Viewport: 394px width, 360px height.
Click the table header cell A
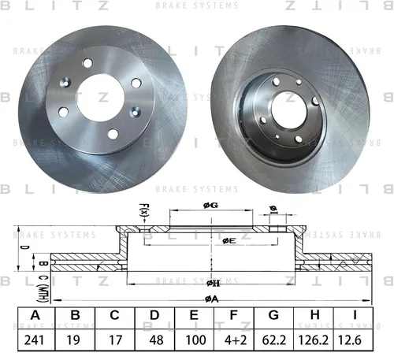pos(35,315)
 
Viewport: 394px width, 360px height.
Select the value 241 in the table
pos(34,340)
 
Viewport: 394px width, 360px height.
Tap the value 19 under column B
pos(73,340)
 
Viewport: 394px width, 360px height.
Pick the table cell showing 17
pos(115,340)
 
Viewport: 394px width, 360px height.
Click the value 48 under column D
pos(156,340)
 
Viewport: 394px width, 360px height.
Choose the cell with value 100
pos(195,340)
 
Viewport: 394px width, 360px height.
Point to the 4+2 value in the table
pos(236,340)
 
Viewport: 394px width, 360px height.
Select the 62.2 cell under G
pos(274,340)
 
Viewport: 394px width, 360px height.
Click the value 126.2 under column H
pos(313,340)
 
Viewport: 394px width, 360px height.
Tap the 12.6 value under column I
pos(350,340)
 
